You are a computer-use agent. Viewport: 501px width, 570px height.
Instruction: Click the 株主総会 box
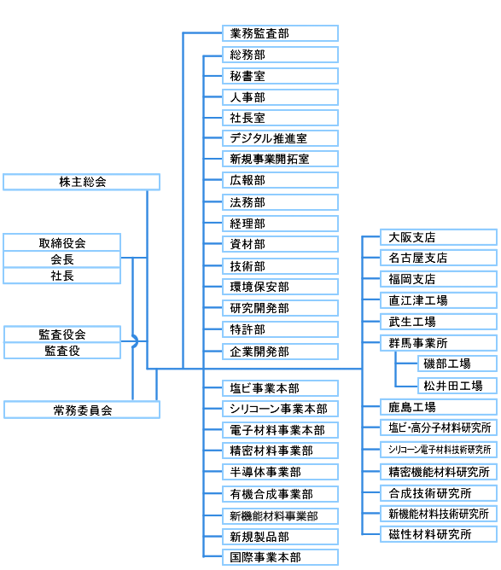[x=81, y=182]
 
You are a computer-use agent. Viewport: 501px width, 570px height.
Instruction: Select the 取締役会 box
[x=61, y=242]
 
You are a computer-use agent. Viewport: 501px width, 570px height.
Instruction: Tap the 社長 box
[x=61, y=276]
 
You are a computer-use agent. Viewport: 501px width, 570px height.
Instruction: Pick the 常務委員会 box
[x=82, y=410]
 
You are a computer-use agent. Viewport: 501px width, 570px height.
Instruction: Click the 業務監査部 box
[x=280, y=33]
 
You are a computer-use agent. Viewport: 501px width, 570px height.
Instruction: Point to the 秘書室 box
[x=280, y=76]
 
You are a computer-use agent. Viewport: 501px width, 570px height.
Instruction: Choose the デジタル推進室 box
[x=280, y=138]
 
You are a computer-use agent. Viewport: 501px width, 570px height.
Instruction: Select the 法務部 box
[x=280, y=202]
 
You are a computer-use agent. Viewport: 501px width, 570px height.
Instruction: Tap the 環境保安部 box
[x=280, y=287]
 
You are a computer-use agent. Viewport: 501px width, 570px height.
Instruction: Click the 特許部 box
[x=280, y=329]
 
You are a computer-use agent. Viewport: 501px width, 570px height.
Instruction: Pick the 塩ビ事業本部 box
[x=280, y=388]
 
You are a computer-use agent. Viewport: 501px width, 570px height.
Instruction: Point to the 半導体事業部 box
[x=280, y=472]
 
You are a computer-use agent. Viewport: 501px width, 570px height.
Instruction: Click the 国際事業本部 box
[x=280, y=557]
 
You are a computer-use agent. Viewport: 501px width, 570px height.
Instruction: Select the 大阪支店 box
[x=439, y=237]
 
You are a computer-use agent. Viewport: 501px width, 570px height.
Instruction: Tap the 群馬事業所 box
[x=439, y=343]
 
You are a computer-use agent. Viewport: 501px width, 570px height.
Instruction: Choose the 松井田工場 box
[x=457, y=386]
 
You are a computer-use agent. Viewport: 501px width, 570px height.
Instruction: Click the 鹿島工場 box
[x=439, y=407]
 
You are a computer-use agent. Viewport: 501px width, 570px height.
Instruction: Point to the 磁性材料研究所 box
[x=439, y=534]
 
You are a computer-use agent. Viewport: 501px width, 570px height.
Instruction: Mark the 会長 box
[x=61, y=259]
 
